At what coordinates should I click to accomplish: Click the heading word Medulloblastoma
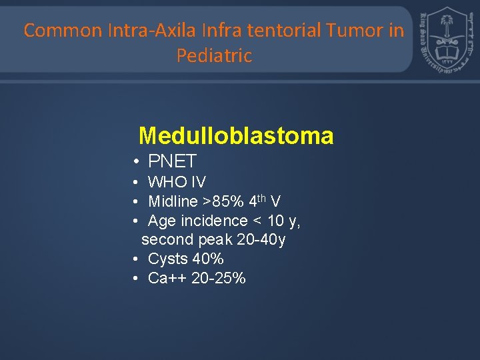[236, 136]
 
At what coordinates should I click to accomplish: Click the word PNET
[172, 161]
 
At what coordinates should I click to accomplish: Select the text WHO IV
[177, 182]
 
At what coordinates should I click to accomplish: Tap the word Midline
[173, 201]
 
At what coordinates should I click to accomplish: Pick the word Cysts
[167, 259]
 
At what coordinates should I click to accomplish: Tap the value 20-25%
[218, 278]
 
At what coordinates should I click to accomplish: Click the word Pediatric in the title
[214, 56]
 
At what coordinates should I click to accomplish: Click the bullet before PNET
[135, 162]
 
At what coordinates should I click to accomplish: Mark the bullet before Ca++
[135, 279]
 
